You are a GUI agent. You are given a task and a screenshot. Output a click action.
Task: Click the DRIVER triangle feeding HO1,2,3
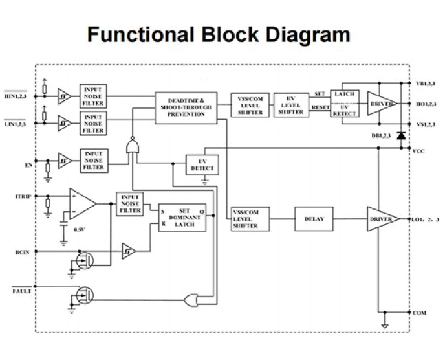(x=382, y=104)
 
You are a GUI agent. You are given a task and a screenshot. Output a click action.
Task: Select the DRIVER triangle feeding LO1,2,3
(x=382, y=219)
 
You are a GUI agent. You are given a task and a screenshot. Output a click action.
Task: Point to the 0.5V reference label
(x=80, y=230)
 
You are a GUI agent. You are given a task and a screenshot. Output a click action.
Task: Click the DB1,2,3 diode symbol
(x=401, y=135)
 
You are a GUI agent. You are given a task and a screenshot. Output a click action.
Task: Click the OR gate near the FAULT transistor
(x=192, y=300)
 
